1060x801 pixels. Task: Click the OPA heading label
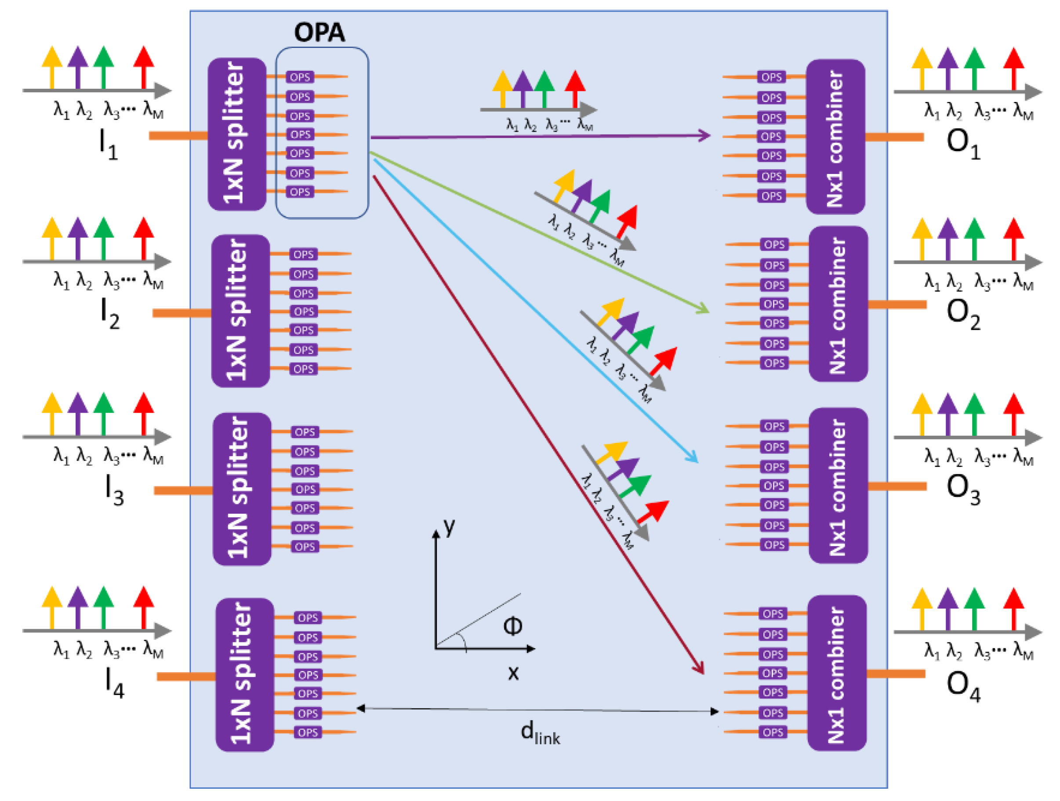319,33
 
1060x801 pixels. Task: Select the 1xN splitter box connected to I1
237,134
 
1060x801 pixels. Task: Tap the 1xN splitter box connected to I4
244,674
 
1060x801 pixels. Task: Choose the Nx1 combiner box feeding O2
838,304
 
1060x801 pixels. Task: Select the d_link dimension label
540,733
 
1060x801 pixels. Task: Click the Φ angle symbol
513,626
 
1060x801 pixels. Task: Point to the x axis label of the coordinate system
513,673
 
